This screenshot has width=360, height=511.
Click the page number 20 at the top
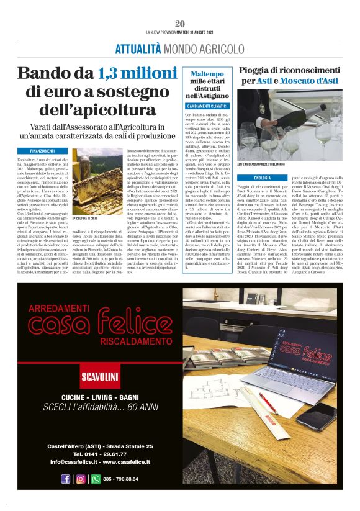click(x=180, y=24)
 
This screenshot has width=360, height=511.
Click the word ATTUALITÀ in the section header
click(x=138, y=48)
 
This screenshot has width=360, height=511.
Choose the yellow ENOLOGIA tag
click(x=246, y=178)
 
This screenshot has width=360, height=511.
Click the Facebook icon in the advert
click(x=66, y=479)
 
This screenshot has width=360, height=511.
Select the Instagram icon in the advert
click(x=81, y=479)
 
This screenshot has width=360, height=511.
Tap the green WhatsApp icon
click(x=96, y=479)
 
